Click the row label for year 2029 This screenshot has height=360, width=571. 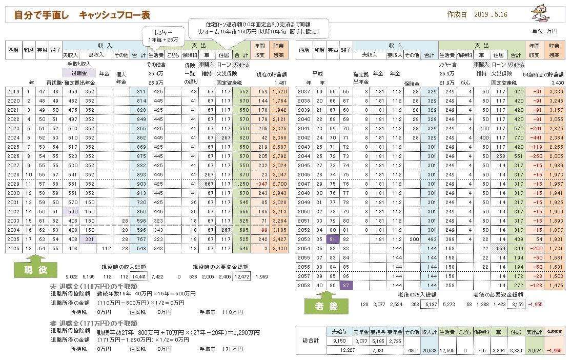[x=14, y=184]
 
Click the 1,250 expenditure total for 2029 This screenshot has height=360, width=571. [x=241, y=184]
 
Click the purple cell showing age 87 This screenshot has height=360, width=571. [x=346, y=285]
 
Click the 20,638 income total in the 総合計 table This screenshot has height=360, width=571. [x=429, y=350]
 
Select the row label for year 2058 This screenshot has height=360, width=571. [x=304, y=285]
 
